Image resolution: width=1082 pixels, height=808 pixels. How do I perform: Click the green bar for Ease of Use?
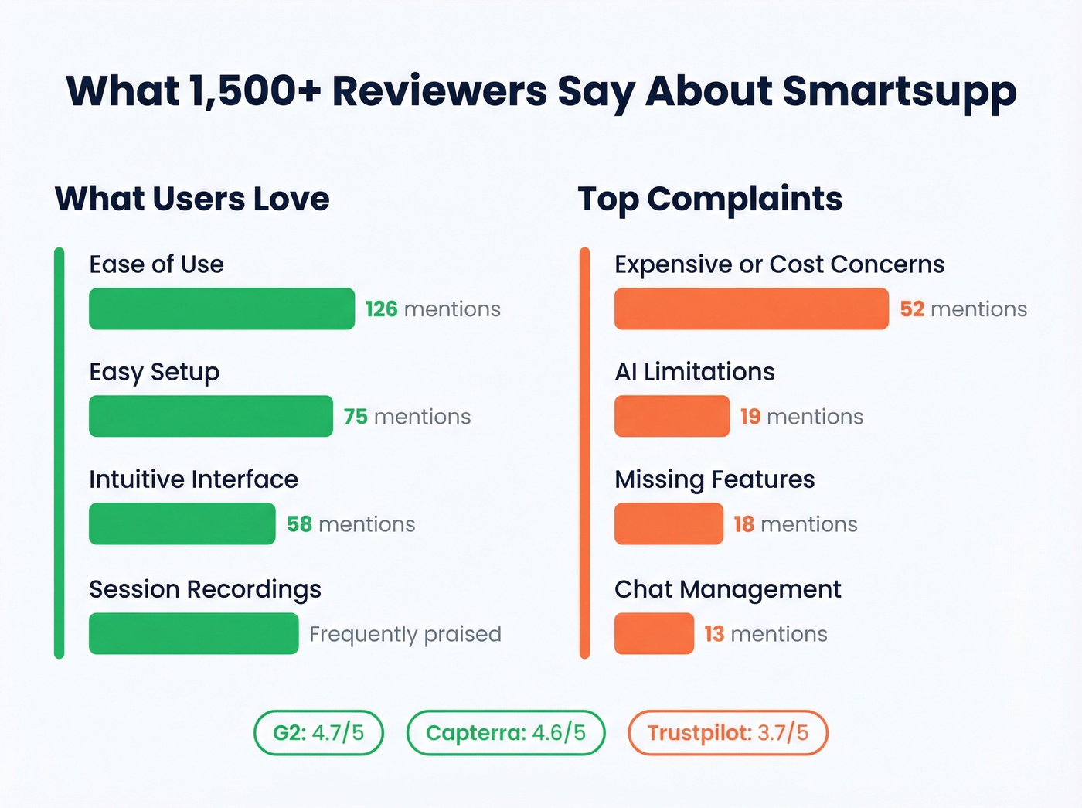point(222,309)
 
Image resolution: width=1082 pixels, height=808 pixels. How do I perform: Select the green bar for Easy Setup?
point(210,416)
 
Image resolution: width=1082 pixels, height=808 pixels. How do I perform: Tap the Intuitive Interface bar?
point(182,523)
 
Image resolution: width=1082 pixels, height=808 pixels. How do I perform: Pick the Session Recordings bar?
point(193,633)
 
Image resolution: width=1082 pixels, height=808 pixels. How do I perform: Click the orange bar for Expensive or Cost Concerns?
point(751,309)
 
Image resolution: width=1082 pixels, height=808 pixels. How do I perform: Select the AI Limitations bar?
point(672,416)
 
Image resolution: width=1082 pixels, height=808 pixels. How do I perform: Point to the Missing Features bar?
point(669,523)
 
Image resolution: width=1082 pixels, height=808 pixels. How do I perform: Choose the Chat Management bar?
point(654,633)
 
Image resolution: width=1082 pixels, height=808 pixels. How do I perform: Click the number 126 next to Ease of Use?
point(381,309)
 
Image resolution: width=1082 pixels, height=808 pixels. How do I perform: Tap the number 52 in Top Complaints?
point(912,309)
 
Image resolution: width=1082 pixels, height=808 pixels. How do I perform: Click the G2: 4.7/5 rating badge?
point(318,732)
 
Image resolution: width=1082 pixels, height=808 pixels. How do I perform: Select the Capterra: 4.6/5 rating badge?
point(505,732)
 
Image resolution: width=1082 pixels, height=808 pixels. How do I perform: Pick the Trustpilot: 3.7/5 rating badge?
point(727,732)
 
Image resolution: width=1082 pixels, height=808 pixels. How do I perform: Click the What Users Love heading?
point(192,199)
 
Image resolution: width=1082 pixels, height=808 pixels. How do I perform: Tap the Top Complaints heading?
point(709,199)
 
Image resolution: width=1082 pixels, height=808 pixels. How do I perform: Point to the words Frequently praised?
point(405,634)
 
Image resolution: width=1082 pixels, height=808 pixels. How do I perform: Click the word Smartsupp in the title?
point(899,91)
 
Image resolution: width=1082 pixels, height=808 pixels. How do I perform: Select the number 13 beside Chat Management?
point(714,634)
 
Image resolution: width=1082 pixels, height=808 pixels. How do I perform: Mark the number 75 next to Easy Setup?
point(356,417)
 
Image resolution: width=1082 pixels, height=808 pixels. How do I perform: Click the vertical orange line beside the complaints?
point(584,453)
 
